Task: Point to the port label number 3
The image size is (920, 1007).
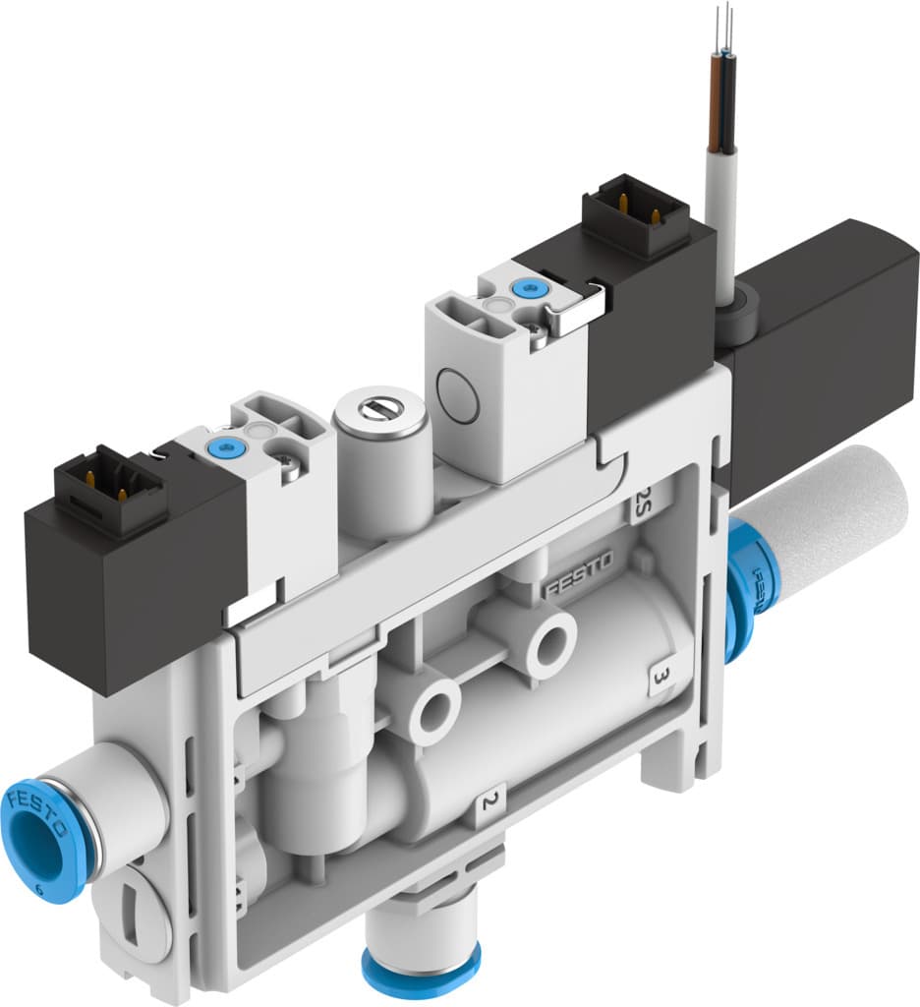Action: coord(661,677)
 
